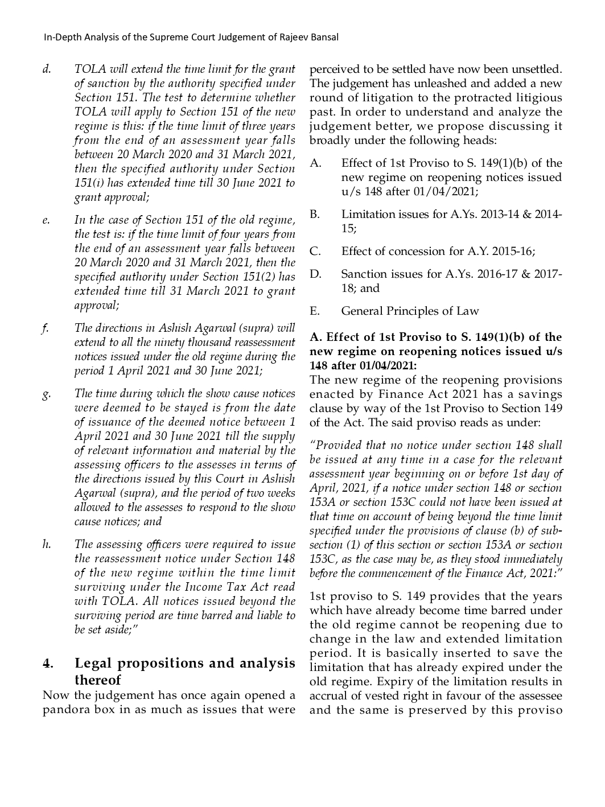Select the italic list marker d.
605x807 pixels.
[x=47, y=69]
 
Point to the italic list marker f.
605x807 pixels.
[x=45, y=328]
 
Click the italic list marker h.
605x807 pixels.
[x=47, y=545]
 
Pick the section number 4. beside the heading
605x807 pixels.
[x=48, y=664]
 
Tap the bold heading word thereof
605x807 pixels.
[x=97, y=680]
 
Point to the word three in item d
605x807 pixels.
[x=255, y=126]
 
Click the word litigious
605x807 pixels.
[x=536, y=98]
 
